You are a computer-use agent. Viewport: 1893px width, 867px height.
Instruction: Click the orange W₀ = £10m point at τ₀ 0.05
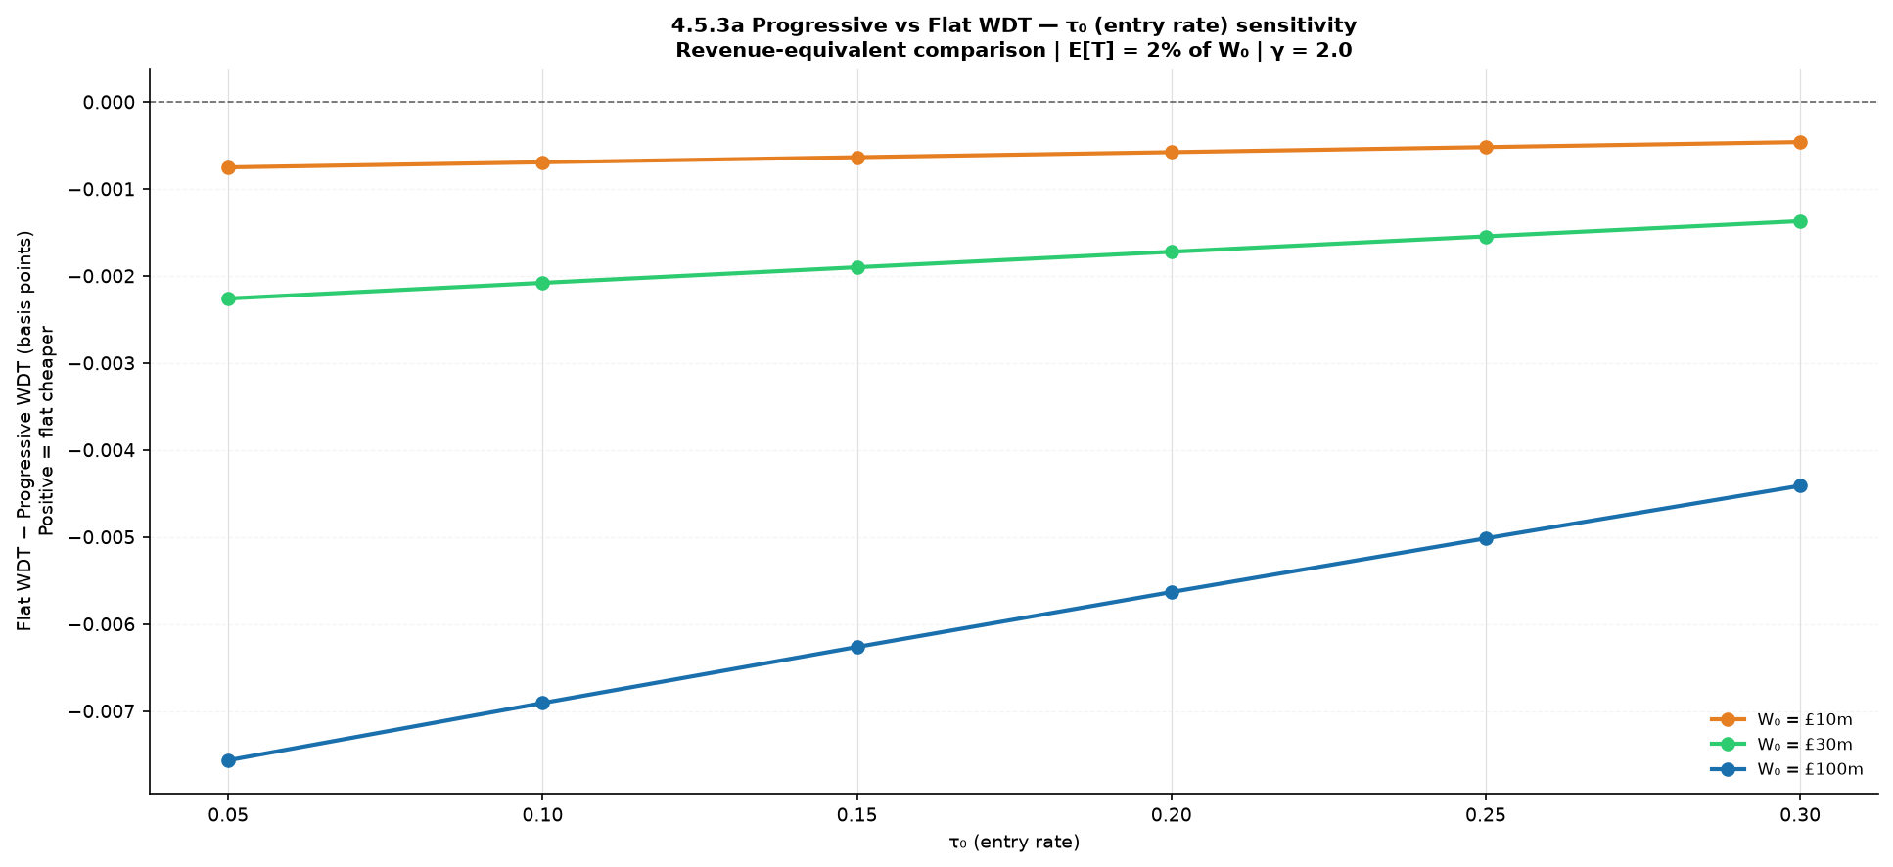pyautogui.click(x=228, y=167)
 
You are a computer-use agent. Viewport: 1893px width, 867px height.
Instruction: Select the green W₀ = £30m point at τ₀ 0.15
pyautogui.click(x=857, y=267)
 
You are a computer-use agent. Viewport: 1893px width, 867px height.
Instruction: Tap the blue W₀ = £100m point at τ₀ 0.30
pyautogui.click(x=1800, y=485)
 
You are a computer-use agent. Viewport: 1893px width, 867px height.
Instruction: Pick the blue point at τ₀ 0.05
pyautogui.click(x=228, y=760)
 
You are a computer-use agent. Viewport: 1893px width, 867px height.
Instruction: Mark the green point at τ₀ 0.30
pyautogui.click(x=1800, y=221)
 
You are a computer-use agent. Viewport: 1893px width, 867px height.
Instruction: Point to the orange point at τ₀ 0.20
pyautogui.click(x=1172, y=152)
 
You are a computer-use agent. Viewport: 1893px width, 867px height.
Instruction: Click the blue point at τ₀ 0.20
pyautogui.click(x=1172, y=592)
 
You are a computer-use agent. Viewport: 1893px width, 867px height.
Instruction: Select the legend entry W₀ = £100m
pyautogui.click(x=1786, y=770)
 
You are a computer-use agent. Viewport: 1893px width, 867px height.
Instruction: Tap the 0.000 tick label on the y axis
pyautogui.click(x=109, y=103)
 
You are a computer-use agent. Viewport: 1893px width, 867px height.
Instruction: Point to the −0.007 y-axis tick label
pyautogui.click(x=102, y=712)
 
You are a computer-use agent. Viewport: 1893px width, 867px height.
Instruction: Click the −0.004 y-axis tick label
pyautogui.click(x=102, y=451)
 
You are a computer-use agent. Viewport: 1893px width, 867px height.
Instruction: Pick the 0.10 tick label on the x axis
pyautogui.click(x=542, y=815)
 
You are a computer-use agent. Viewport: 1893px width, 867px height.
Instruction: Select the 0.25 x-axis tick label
pyautogui.click(x=1486, y=815)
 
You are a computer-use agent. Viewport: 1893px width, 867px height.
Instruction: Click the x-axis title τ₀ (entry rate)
pyautogui.click(x=1014, y=843)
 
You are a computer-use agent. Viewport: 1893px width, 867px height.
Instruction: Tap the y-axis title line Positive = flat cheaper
pyautogui.click(x=46, y=431)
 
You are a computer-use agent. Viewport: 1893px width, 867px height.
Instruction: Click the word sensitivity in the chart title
pyautogui.click(x=1298, y=26)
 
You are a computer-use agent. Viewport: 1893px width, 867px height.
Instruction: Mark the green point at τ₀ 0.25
pyautogui.click(x=1486, y=237)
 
